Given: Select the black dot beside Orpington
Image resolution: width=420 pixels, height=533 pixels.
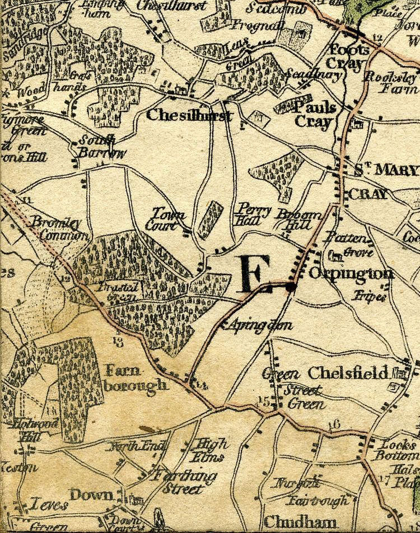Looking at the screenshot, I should pyautogui.click(x=290, y=287).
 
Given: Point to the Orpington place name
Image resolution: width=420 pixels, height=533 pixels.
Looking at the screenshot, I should pyautogui.click(x=351, y=273).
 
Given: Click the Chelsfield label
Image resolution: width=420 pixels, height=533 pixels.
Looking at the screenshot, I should pyautogui.click(x=348, y=372).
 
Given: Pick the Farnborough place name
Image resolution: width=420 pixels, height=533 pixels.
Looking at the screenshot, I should pyautogui.click(x=136, y=378).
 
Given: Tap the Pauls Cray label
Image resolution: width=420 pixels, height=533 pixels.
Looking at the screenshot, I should pyautogui.click(x=315, y=115).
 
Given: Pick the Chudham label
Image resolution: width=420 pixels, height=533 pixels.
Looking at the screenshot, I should pyautogui.click(x=300, y=522).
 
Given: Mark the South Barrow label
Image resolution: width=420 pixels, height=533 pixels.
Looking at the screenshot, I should pyautogui.click(x=96, y=147).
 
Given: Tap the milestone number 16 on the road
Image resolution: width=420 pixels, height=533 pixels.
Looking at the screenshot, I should pyautogui.click(x=334, y=424).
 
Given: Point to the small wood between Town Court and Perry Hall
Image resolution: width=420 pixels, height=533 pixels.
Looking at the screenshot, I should pyautogui.click(x=210, y=220).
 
